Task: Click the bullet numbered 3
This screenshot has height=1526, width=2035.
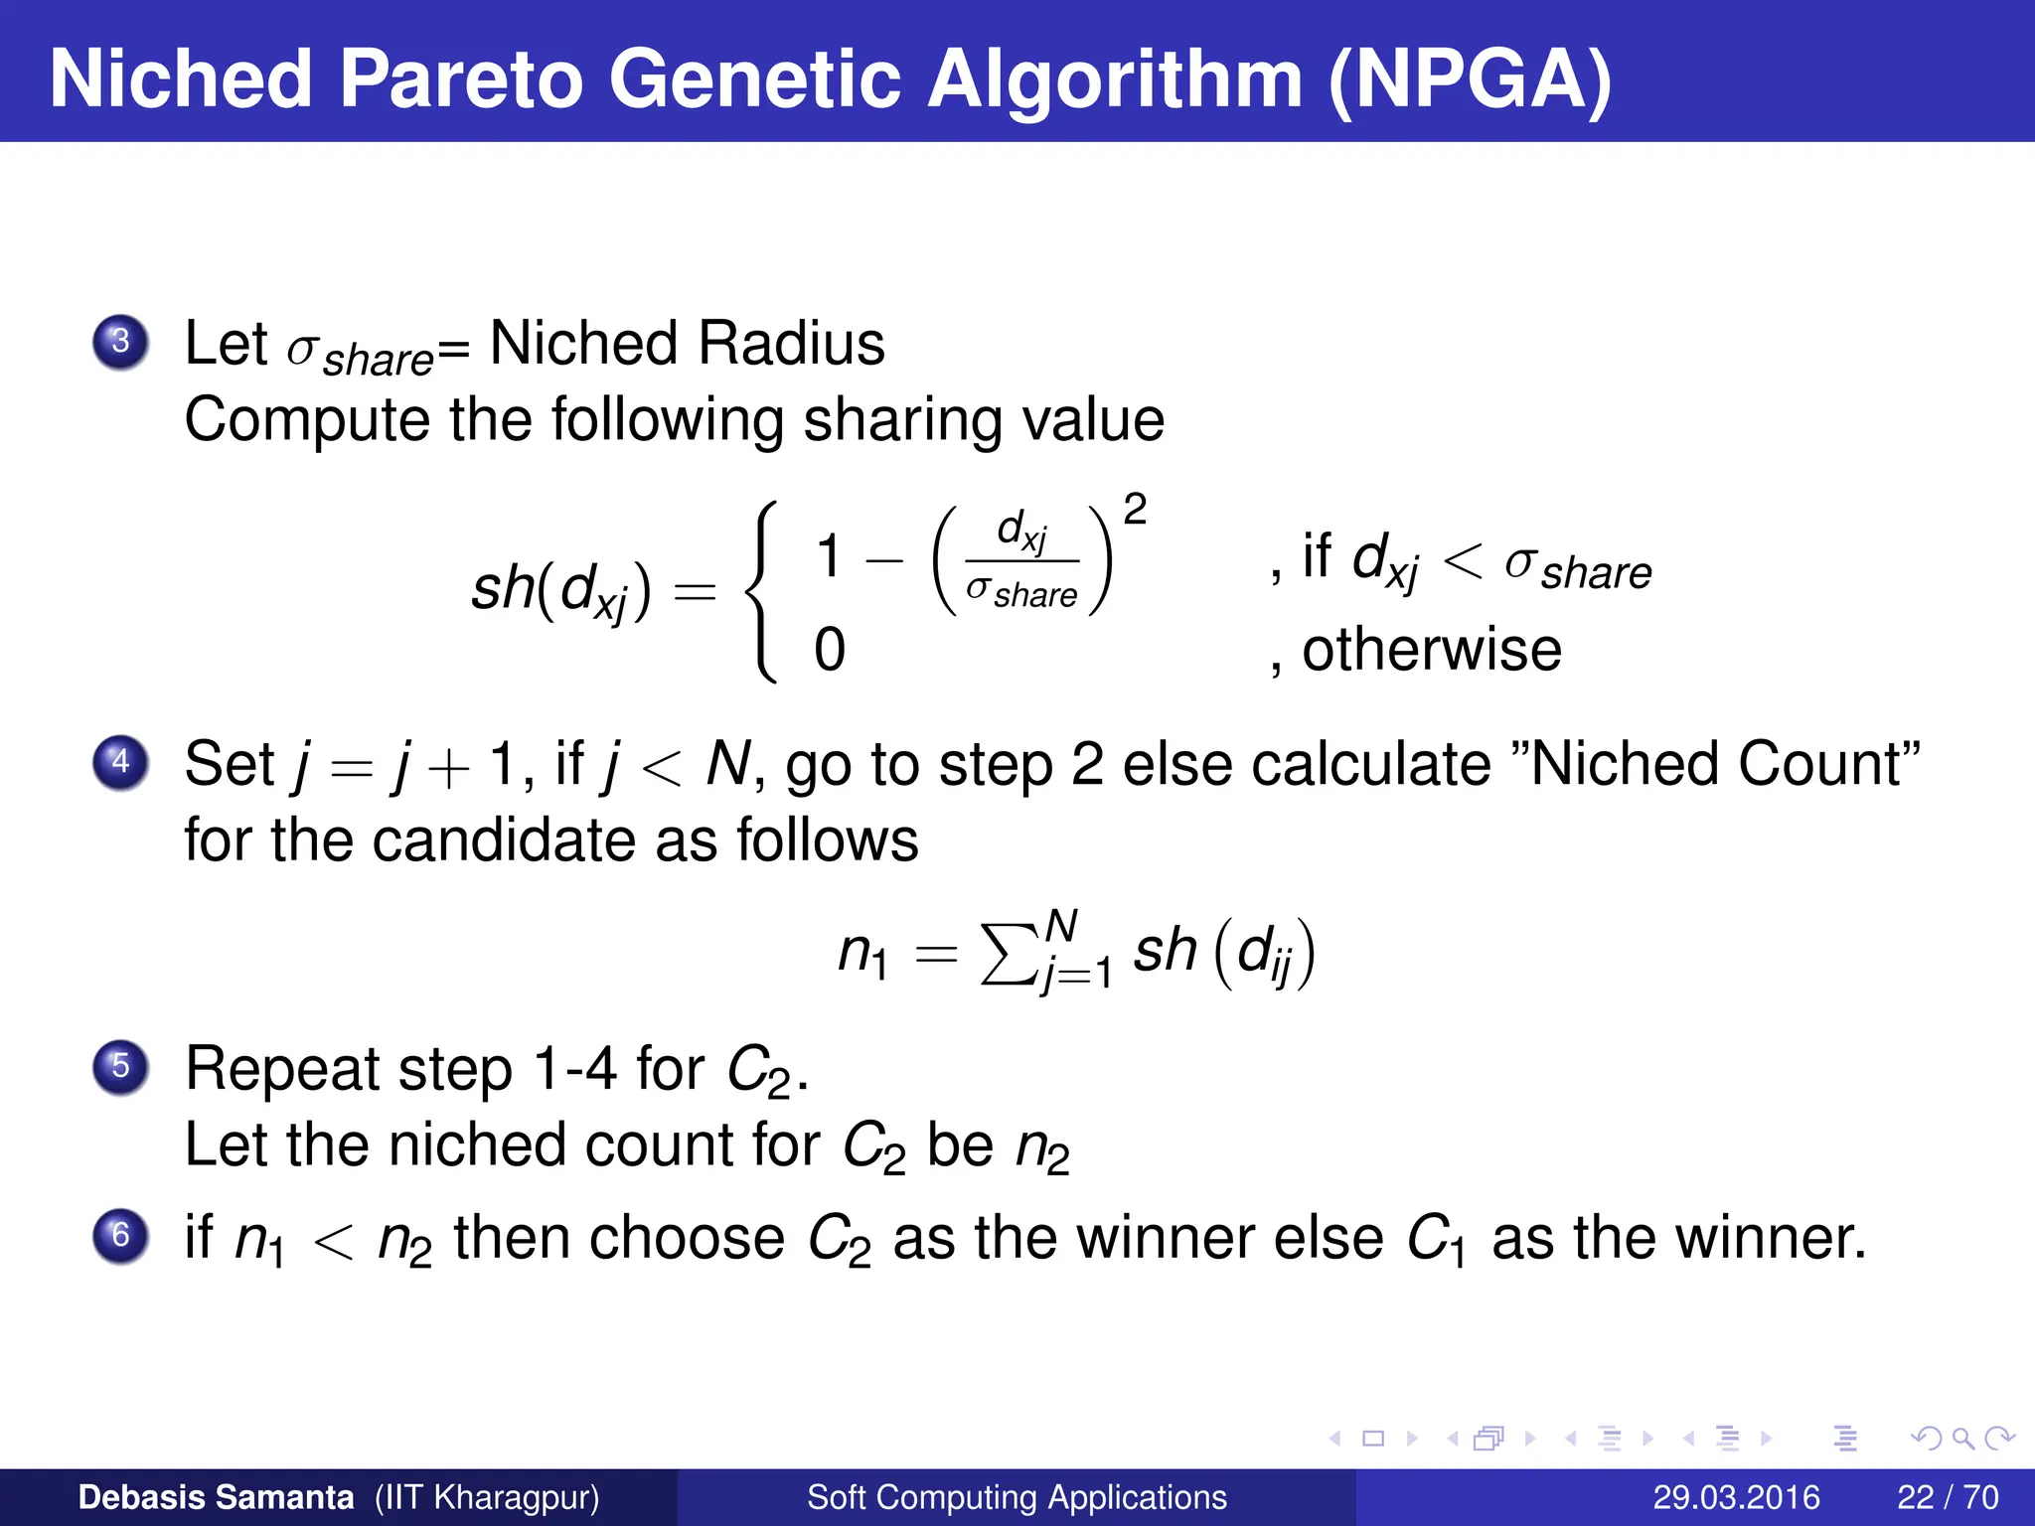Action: pyautogui.click(x=120, y=342)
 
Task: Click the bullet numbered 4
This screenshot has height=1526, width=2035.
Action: pyautogui.click(x=120, y=762)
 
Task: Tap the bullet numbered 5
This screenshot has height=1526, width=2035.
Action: pyautogui.click(x=120, y=1067)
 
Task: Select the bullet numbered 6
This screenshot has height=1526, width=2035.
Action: pyautogui.click(x=120, y=1236)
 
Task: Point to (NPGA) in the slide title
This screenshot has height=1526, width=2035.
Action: pyautogui.click(x=1470, y=79)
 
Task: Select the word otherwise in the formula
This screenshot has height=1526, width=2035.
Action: pyautogui.click(x=1432, y=650)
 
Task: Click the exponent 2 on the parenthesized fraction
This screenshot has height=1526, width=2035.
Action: pyautogui.click(x=1135, y=510)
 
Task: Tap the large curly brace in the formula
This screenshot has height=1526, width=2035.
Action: pyautogui.click(x=763, y=592)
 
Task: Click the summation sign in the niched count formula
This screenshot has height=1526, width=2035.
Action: pyautogui.click(x=1008, y=954)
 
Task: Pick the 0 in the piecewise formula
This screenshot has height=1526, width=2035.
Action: pyautogui.click(x=830, y=650)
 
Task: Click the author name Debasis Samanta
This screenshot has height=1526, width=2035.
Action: pyautogui.click(x=216, y=1497)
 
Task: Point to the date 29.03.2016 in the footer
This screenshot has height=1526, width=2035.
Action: pyautogui.click(x=1736, y=1497)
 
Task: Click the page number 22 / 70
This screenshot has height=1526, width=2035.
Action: pyautogui.click(x=1948, y=1497)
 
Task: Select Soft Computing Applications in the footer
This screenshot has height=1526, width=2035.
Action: pyautogui.click(x=1017, y=1497)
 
